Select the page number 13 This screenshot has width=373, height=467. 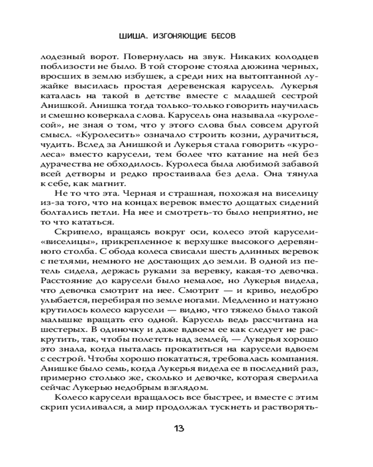179,428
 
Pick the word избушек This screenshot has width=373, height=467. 145,77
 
